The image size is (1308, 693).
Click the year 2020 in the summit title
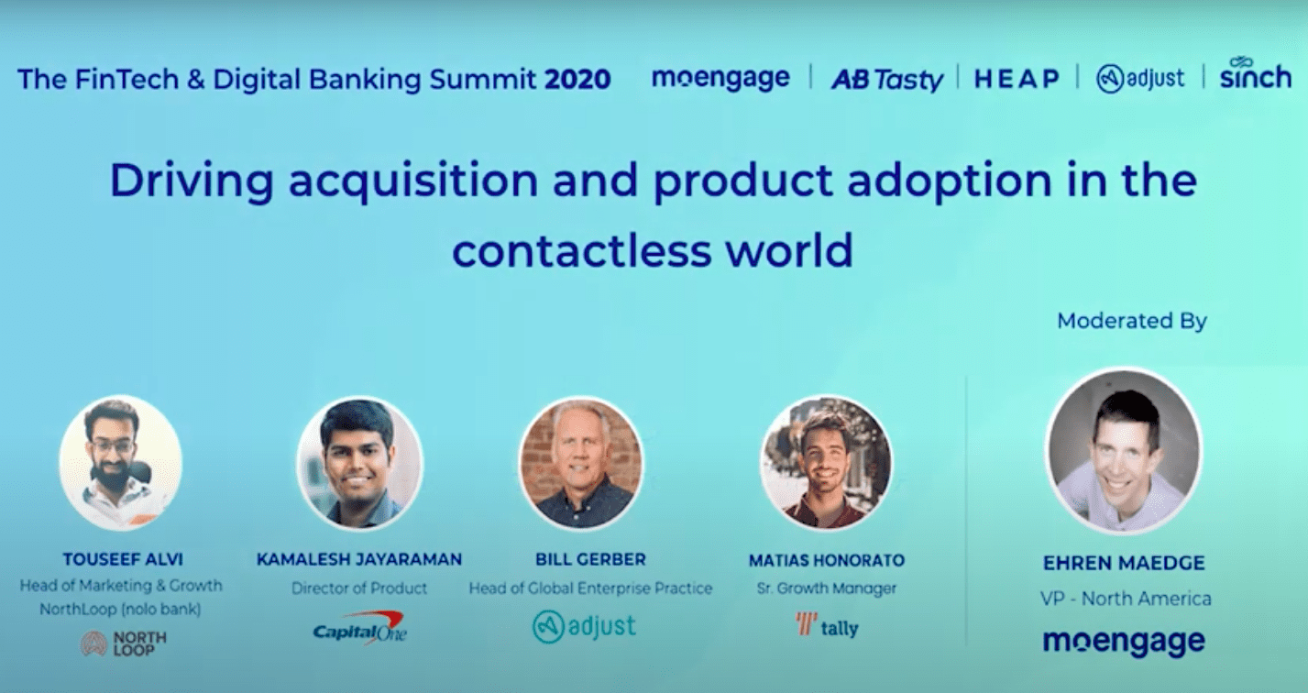click(x=577, y=79)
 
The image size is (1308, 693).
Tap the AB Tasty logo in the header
click(x=886, y=80)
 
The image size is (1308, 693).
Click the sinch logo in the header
click(x=1255, y=75)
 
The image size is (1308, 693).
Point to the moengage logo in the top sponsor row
click(x=720, y=79)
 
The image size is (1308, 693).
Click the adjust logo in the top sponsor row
click(x=1140, y=79)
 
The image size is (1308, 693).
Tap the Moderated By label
click(x=1131, y=321)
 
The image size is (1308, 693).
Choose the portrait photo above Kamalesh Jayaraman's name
click(x=359, y=462)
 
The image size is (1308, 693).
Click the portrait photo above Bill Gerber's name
click(x=581, y=462)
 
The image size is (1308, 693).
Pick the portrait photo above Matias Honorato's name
click(x=826, y=462)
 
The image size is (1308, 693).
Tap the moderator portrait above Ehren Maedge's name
click(x=1124, y=451)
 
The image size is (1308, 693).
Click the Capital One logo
click(x=359, y=629)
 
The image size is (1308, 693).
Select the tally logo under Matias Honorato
click(x=826, y=627)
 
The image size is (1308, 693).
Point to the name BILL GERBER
click(x=590, y=559)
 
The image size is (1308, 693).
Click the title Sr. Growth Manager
click(x=826, y=588)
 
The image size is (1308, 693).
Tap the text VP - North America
click(x=1125, y=599)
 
